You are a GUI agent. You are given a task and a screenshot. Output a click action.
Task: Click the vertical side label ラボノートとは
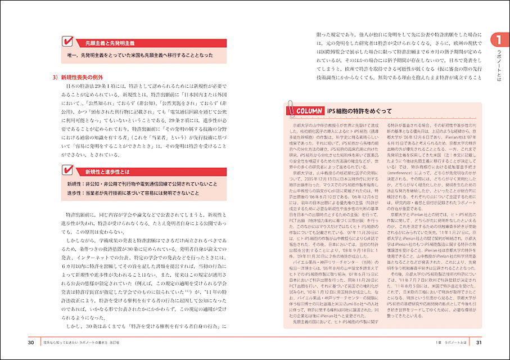497,64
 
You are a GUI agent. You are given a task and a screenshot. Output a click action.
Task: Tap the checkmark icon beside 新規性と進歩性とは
67,170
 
